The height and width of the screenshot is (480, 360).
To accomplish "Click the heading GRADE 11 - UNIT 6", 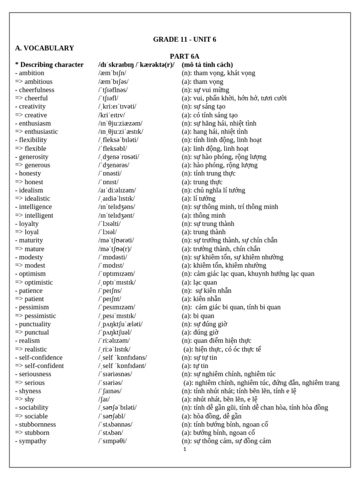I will tap(184, 39).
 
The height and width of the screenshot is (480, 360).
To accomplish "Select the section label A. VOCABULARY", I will tap(45, 48).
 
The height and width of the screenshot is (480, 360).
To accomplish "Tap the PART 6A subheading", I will tap(184, 56).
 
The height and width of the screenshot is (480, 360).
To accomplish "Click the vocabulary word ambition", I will tap(31, 73).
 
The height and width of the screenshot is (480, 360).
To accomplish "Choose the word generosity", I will tap(33, 157).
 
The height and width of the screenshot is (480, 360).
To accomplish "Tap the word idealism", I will tap(30, 190).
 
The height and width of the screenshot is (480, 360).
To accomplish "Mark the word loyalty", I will tap(29, 224).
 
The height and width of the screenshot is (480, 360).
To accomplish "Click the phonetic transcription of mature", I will tap(115, 249).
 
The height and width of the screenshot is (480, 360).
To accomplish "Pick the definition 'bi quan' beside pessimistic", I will tap(197, 316).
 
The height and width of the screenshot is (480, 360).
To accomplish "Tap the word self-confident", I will tap(39, 366).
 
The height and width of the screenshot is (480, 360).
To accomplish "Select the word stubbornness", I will tap(37, 425).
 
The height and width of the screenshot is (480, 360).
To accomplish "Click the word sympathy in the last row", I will tap(32, 441).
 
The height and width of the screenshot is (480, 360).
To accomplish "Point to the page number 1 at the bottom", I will tap(185, 449).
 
